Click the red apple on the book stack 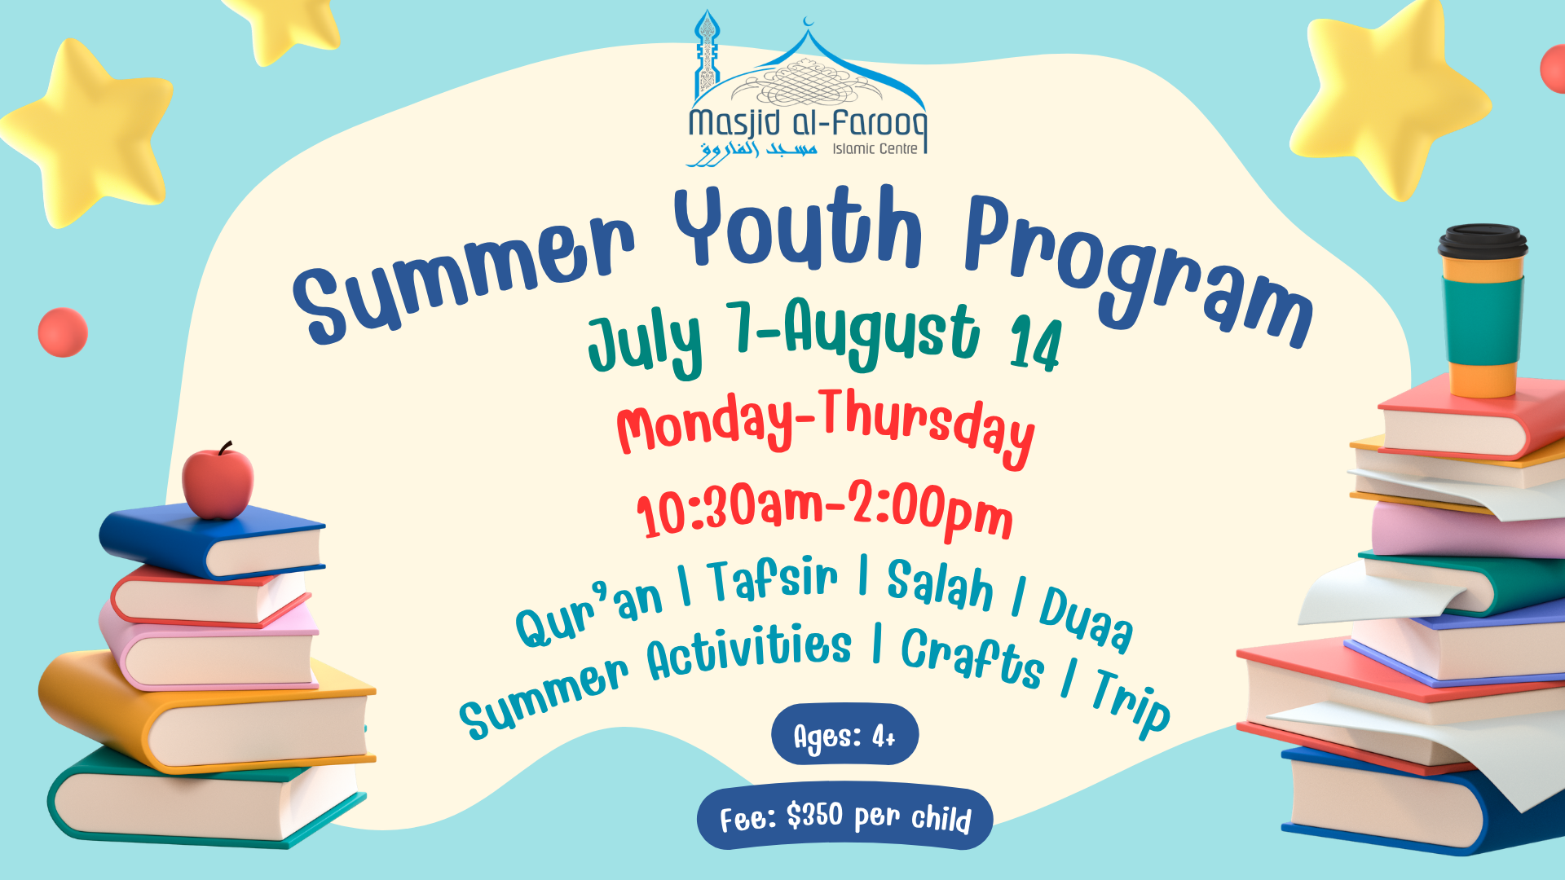[x=218, y=483]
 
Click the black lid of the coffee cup [x=1483, y=242]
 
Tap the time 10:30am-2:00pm [x=824, y=510]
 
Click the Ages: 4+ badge [x=844, y=735]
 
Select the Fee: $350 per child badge [x=845, y=818]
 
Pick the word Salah [x=940, y=585]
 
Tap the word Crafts [x=972, y=658]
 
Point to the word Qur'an [x=589, y=615]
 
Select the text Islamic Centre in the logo [x=875, y=149]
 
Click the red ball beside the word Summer [x=63, y=332]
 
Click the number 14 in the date [x=1035, y=345]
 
